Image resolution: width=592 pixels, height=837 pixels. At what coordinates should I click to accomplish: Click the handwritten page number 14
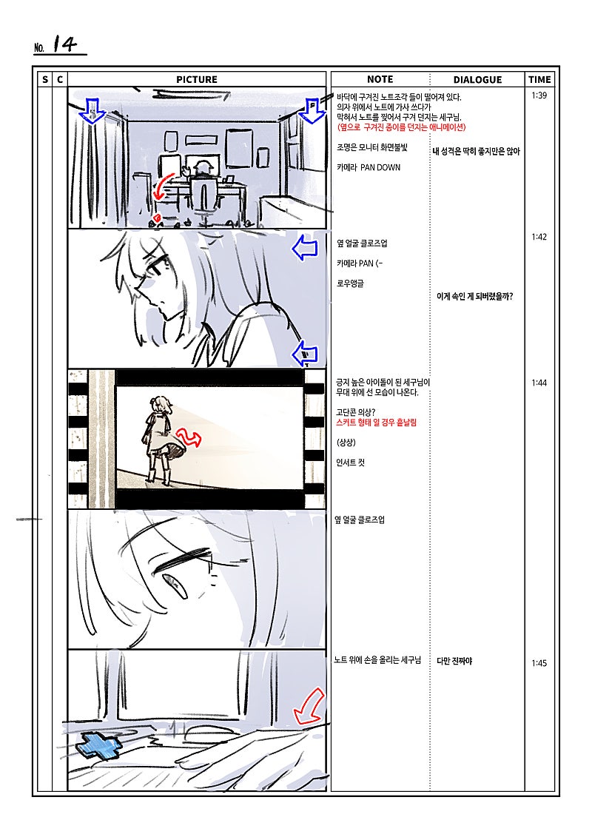[65, 44]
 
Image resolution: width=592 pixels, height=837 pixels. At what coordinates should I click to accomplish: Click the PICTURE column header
[196, 79]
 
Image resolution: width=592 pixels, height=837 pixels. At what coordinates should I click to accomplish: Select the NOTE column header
[380, 79]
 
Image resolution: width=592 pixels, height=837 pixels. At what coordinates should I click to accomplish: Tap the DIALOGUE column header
[477, 79]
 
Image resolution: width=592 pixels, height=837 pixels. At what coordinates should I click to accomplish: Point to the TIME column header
[539, 79]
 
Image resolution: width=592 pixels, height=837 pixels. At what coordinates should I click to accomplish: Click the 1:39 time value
[539, 95]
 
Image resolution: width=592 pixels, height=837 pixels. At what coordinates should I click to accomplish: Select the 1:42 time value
[539, 237]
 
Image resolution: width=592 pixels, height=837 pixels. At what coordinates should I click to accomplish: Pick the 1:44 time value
[539, 383]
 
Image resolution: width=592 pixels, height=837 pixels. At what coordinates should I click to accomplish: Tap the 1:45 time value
[539, 664]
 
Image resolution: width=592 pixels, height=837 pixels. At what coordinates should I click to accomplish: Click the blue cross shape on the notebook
[98, 746]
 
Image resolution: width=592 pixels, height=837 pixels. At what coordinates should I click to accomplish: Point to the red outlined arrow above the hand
[309, 706]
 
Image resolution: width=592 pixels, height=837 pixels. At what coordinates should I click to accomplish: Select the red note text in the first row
[401, 127]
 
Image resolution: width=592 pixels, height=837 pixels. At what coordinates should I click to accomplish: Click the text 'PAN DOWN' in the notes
[380, 167]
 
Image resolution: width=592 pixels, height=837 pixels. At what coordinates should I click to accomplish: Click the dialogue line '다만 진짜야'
[454, 661]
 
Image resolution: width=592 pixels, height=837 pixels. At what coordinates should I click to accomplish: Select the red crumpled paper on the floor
[157, 218]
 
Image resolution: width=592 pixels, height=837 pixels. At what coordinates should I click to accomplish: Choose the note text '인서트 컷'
[350, 463]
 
